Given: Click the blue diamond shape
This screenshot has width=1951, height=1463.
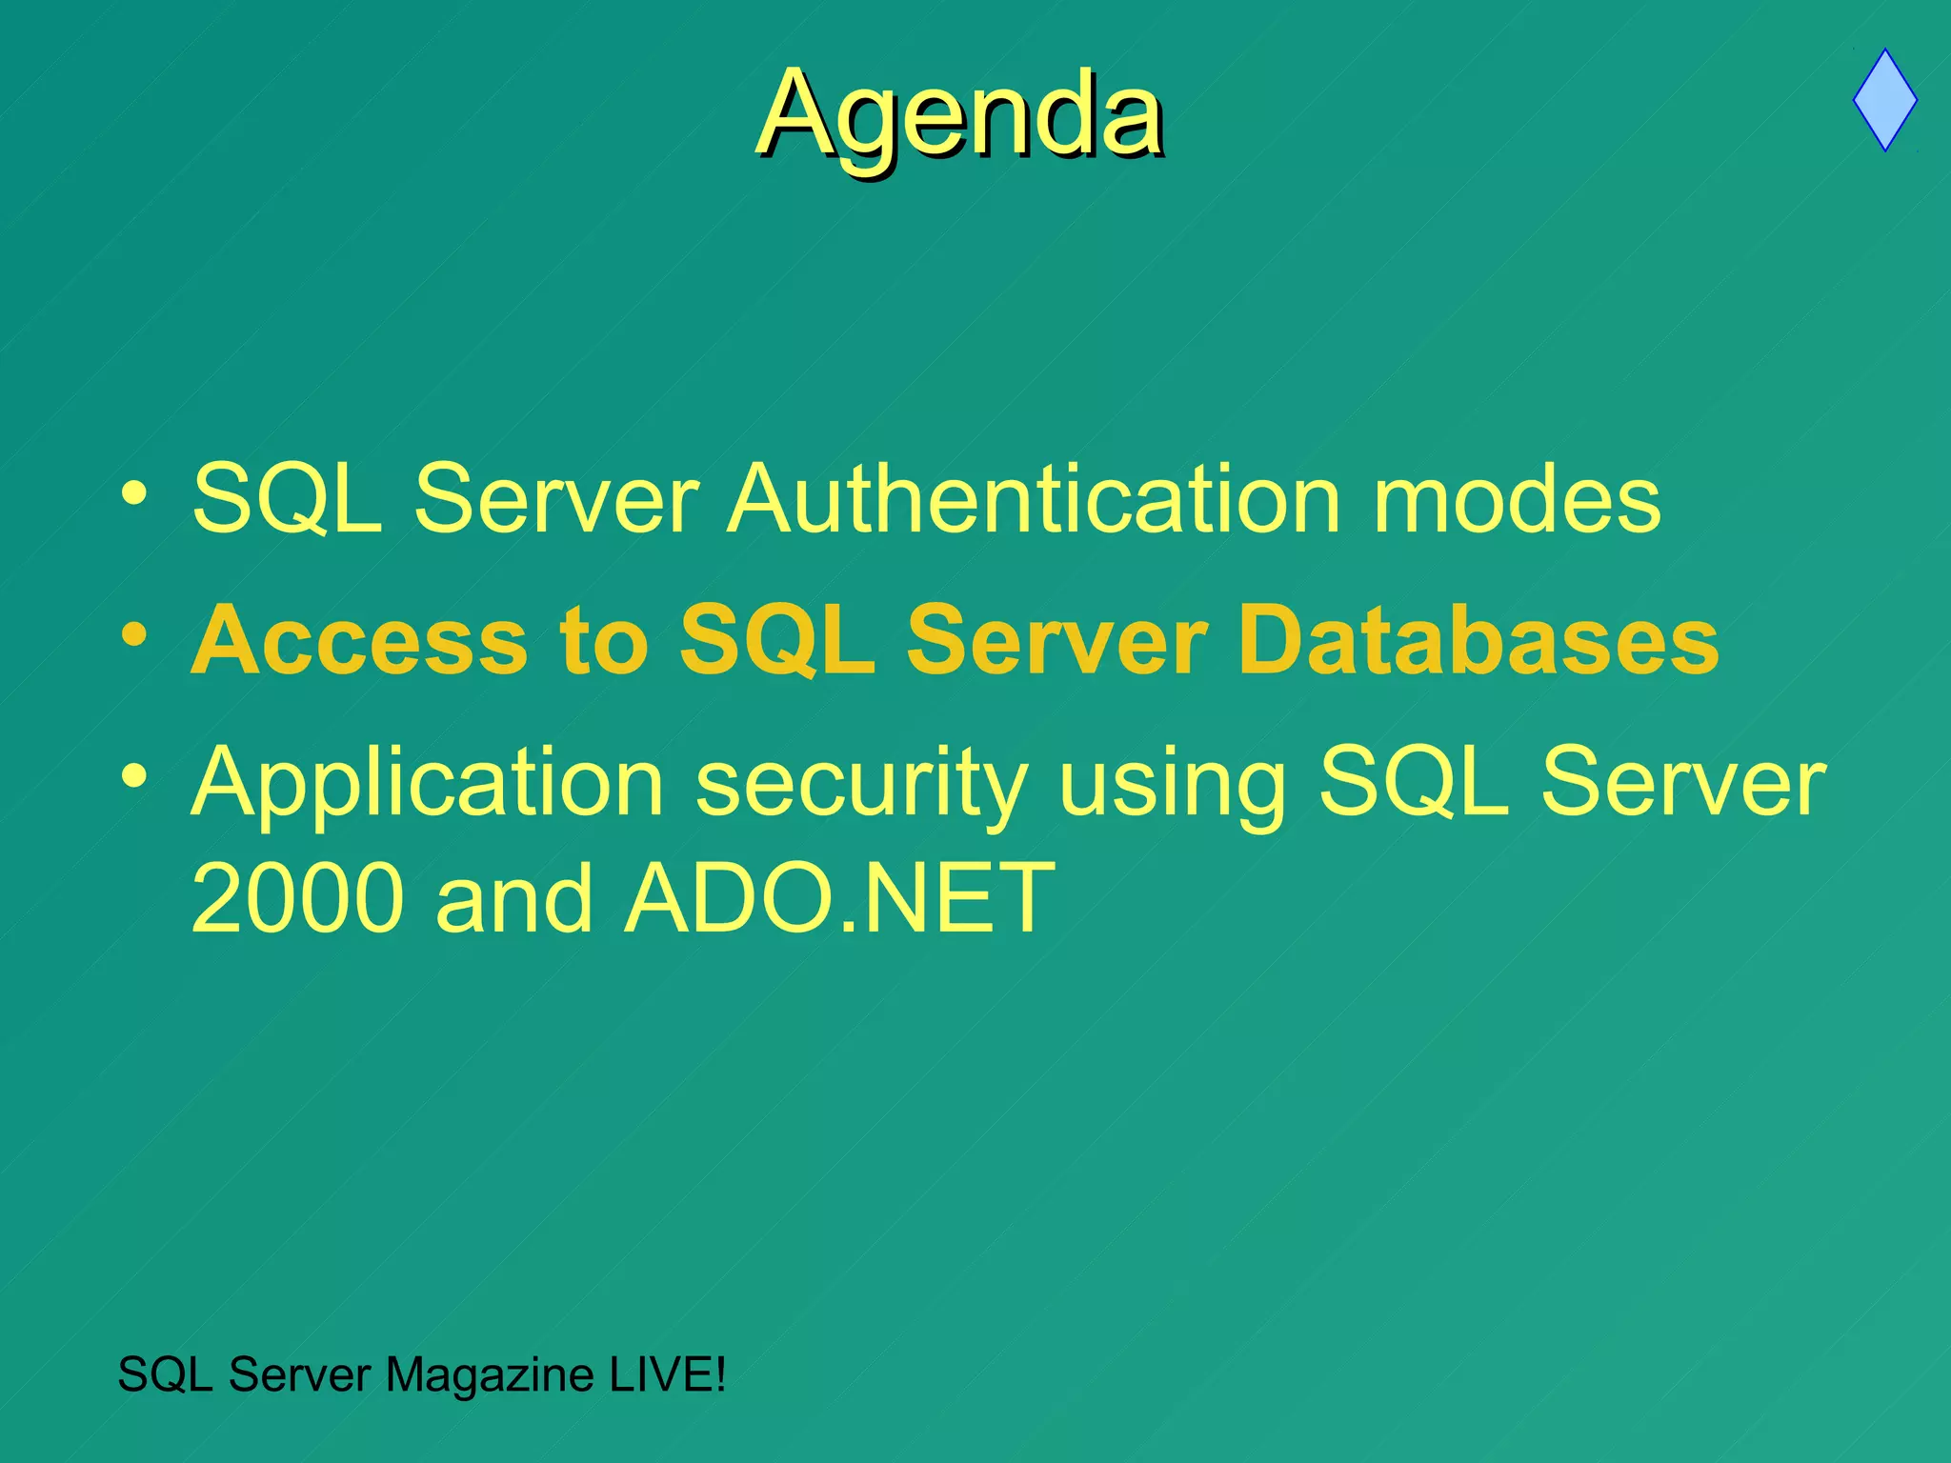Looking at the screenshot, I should pos(1884,101).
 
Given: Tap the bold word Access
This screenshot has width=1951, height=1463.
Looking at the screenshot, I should pos(359,641).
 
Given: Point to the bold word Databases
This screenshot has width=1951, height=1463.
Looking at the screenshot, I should pos(1478,641).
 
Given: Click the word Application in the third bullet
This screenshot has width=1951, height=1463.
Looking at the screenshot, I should pos(427,784).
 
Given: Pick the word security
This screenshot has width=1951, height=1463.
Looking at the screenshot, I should pos(861,784).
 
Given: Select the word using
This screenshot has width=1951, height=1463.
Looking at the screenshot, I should pos(1172,784).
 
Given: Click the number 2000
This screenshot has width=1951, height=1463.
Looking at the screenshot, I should pos(297,898).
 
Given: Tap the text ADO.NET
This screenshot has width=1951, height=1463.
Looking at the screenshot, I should pos(838,898).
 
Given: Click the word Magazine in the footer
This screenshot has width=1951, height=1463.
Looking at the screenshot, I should pos(490,1375).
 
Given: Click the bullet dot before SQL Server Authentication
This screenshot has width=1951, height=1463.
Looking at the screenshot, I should pos(134,493).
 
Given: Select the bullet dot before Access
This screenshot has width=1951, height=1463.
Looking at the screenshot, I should pos(134,634).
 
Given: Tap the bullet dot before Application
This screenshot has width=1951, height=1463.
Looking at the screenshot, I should pos(134,776).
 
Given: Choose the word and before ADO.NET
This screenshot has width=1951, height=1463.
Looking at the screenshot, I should pos(513,898).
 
